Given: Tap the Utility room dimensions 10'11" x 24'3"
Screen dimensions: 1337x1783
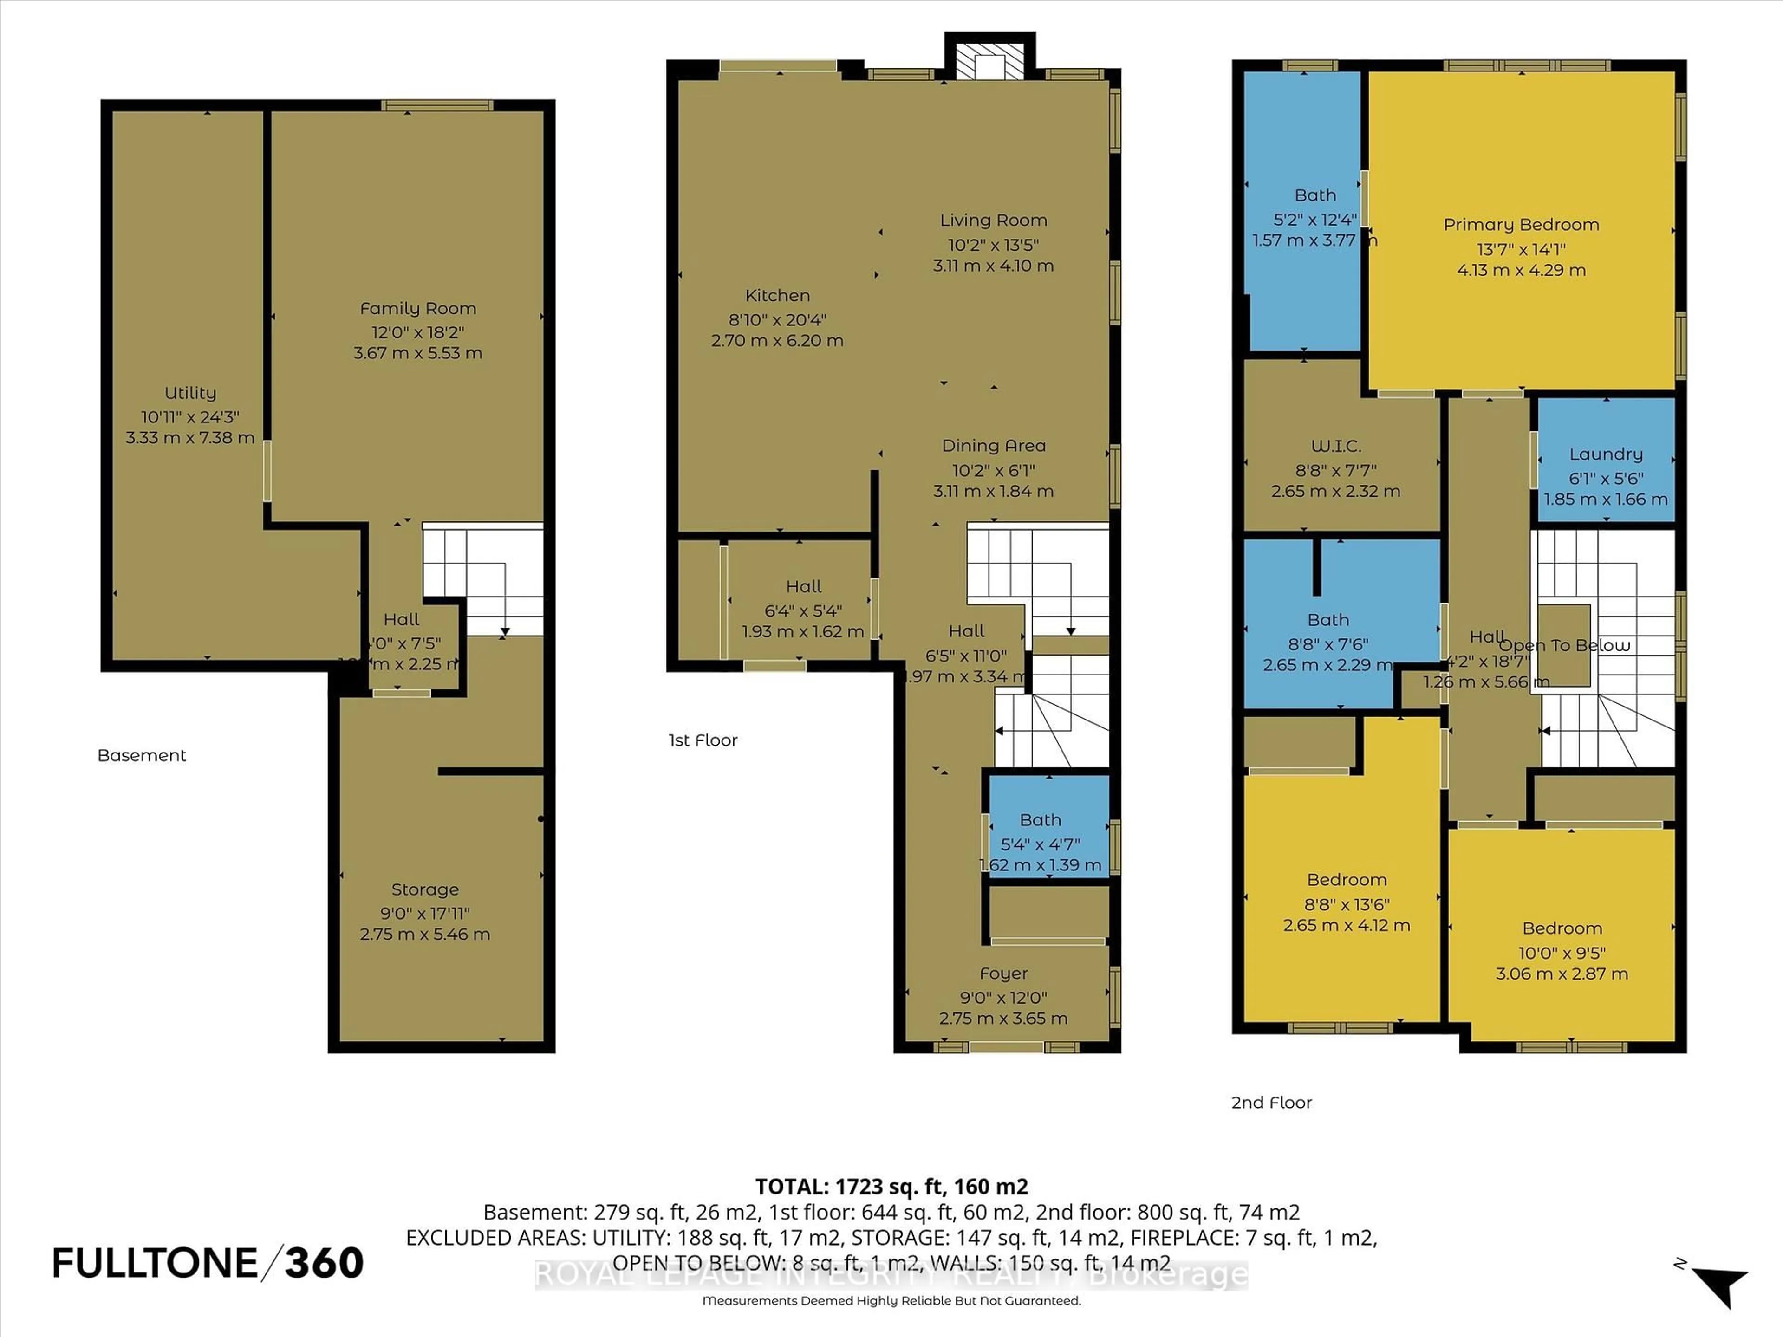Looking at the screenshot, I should tap(190, 417).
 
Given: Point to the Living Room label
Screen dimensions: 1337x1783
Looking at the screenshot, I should tap(993, 220).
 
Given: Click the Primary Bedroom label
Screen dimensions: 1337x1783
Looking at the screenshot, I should tap(1521, 225).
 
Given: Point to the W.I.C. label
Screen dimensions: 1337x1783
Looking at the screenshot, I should tap(1336, 446).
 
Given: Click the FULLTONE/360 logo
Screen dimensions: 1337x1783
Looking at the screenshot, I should tap(208, 1263).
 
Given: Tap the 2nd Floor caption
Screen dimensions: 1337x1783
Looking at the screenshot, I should tap(1271, 1103).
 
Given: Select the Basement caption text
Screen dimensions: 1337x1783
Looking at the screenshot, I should tap(142, 755).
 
